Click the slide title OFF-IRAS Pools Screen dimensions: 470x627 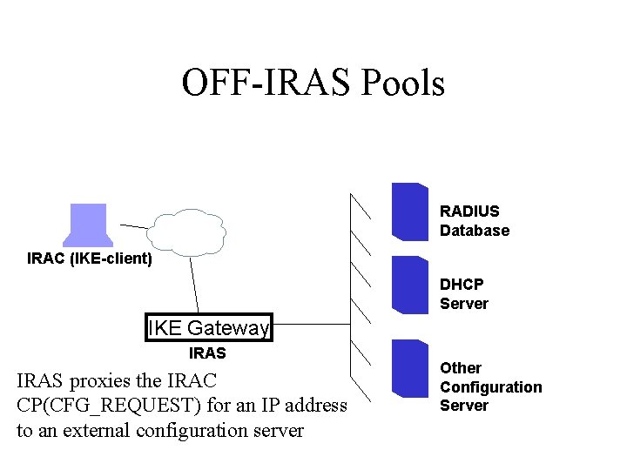pyautogui.click(x=313, y=83)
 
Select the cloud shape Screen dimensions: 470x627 pyautogui.click(x=186, y=232)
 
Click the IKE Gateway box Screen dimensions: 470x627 pyautogui.click(x=209, y=328)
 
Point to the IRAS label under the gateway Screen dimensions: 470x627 pyautogui.click(x=207, y=353)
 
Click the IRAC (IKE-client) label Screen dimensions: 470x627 pyautogui.click(x=90, y=258)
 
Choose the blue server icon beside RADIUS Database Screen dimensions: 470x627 pyautogui.click(x=409, y=211)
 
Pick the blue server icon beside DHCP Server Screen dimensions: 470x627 pyautogui.click(x=409, y=285)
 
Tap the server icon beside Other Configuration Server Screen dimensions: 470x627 pyautogui.click(x=409, y=368)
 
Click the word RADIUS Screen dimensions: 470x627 pyautogui.click(x=469, y=211)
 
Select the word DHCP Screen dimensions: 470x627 pyautogui.click(x=462, y=285)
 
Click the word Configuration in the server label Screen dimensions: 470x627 pyautogui.click(x=490, y=387)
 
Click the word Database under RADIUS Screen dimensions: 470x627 pyautogui.click(x=475, y=231)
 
